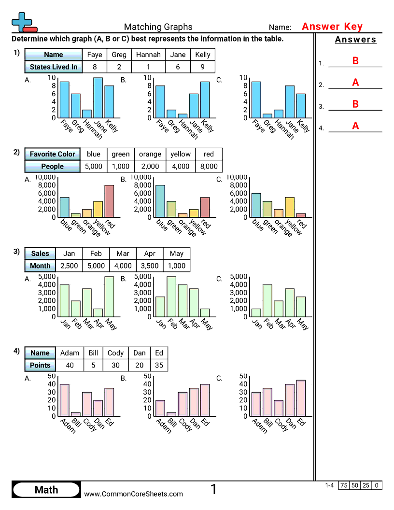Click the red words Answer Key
(332, 27)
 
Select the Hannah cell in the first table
(148, 55)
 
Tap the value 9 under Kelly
(203, 67)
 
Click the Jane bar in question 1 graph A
(98, 98)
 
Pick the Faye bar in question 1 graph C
(256, 99)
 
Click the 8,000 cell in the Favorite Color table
(209, 166)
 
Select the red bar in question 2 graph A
(109, 201)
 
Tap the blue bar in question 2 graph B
(160, 201)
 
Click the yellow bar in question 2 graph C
(290, 207)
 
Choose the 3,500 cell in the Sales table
(150, 265)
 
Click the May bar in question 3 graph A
(109, 297)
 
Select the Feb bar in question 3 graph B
(171, 297)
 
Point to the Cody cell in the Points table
(115, 353)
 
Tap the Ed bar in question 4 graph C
(301, 398)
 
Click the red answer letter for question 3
(355, 104)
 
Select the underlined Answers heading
(355, 40)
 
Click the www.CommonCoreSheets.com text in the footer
(134, 494)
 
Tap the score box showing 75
(344, 485)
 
